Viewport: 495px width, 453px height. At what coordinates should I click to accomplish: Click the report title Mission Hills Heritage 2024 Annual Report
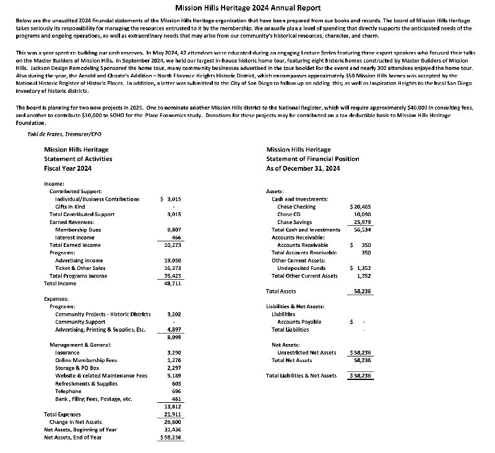[248, 8]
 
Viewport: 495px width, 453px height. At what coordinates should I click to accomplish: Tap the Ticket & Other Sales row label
[80, 268]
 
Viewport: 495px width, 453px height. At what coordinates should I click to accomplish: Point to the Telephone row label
[68, 391]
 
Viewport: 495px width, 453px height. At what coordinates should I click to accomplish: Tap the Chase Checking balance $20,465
[360, 206]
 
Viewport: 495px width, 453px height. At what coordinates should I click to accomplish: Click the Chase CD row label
[290, 214]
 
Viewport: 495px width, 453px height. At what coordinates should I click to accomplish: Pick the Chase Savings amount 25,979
[361, 222]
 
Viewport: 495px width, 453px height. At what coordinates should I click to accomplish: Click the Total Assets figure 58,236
[361, 291]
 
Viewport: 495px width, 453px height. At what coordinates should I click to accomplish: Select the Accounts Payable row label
[299, 322]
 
